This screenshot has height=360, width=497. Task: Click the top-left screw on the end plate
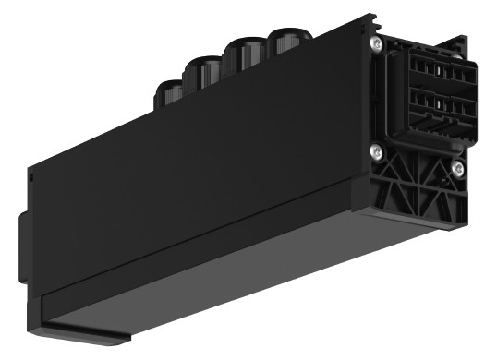click(x=377, y=42)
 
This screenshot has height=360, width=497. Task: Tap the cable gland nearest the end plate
click(x=287, y=42)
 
